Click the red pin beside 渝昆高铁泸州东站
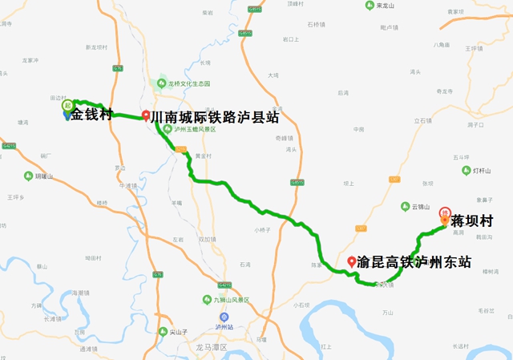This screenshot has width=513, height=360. pyautogui.click(x=351, y=261)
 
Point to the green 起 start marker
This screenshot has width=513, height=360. pyautogui.click(x=68, y=105)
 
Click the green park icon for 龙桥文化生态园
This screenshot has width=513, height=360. pyautogui.click(x=161, y=83)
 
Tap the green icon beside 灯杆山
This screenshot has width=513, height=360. pyautogui.click(x=477, y=171)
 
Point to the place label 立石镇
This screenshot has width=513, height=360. pyautogui.click(x=422, y=120)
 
